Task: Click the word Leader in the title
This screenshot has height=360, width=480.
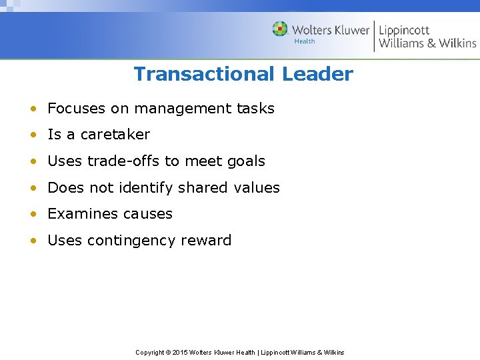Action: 317,74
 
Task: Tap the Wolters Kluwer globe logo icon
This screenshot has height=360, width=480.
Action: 280,29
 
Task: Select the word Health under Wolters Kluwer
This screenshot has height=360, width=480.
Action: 304,41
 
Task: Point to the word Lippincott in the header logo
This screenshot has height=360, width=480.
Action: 404,30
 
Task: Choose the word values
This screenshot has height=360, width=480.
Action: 257,188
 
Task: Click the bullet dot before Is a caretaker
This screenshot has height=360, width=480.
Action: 33,135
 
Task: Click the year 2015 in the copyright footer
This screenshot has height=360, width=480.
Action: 180,352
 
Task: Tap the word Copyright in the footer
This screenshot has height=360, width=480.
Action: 151,352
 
